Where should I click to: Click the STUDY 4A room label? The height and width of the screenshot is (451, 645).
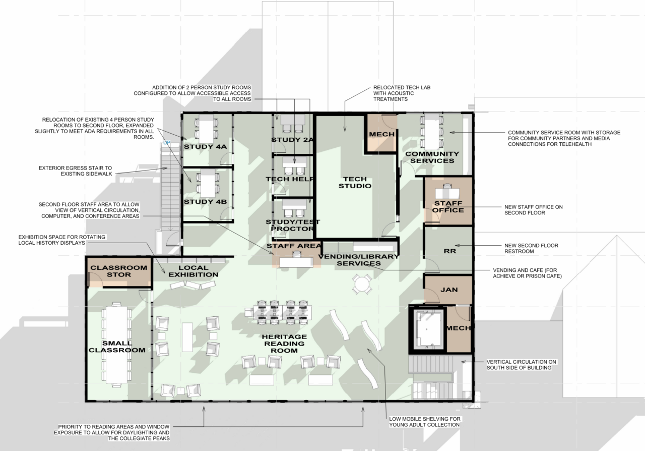click(x=206, y=147)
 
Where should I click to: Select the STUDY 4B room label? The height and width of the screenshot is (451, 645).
click(x=205, y=202)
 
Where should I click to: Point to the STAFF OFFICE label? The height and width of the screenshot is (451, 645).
click(x=447, y=207)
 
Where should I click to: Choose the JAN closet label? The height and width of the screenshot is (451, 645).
click(x=448, y=291)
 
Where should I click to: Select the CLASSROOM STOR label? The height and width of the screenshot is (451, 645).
click(x=118, y=271)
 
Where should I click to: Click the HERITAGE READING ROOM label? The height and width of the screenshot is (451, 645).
click(x=284, y=344)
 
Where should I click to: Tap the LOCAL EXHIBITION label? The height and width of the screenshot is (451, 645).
click(x=193, y=271)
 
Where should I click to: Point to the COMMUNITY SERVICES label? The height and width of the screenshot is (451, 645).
click(x=432, y=157)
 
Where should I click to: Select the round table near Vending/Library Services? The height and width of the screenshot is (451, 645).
click(x=362, y=285)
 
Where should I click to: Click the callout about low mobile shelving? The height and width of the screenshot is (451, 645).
click(x=424, y=422)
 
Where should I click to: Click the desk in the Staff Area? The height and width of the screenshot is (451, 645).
click(x=296, y=261)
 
